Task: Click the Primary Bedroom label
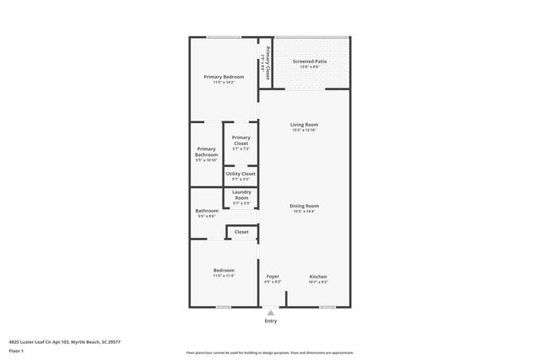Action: pos(224,77)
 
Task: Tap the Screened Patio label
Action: pos(310,62)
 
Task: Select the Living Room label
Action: pos(305,125)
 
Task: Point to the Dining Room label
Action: pos(305,206)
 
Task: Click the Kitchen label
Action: pos(318,277)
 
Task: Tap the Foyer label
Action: pos(273,277)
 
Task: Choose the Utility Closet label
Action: pos(240,174)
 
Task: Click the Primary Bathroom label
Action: pos(207,152)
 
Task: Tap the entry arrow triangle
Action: pos(270,312)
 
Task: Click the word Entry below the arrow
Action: pos(270,320)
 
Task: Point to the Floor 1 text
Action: pos(16,350)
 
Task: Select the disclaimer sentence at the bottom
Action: pos(269,352)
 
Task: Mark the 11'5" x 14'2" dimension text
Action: pos(224,83)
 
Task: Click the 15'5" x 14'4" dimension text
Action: pos(305,212)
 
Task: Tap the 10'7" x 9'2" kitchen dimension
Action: pos(318,282)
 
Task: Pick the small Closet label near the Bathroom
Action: pos(241,231)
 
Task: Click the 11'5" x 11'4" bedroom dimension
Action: pos(224,276)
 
